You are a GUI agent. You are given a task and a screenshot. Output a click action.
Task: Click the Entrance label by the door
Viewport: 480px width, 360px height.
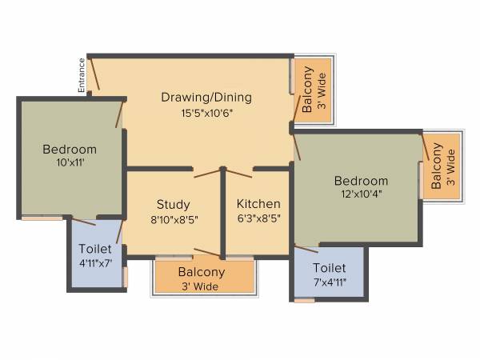[82, 76]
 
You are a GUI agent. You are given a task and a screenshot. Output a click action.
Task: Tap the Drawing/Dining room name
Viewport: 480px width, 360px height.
[206, 98]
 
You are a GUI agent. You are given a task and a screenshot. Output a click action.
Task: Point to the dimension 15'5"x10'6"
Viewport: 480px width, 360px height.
[206, 113]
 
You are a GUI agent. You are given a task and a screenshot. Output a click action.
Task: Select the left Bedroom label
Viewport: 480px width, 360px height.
[70, 149]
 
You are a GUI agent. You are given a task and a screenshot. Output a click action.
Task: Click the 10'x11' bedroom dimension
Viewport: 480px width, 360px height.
[70, 163]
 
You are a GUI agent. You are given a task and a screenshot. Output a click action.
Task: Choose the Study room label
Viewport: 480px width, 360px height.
[173, 203]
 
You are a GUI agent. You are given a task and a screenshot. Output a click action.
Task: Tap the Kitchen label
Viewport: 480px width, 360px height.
[258, 203]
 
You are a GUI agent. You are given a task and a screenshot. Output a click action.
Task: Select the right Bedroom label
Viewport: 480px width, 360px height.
[361, 181]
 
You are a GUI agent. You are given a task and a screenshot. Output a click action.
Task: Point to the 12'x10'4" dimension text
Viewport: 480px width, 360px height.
[361, 194]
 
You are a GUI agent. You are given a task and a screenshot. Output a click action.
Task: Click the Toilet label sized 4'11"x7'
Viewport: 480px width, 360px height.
[95, 250]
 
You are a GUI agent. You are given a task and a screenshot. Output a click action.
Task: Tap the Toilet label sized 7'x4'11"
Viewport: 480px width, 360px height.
[330, 268]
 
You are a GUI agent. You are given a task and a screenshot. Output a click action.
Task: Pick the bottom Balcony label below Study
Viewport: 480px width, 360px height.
[201, 272]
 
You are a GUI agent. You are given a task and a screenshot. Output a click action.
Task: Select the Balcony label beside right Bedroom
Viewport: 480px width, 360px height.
[436, 166]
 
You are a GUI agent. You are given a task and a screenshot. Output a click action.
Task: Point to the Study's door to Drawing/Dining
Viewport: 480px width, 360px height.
[207, 172]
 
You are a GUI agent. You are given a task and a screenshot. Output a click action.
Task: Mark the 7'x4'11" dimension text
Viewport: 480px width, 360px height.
[330, 282]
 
